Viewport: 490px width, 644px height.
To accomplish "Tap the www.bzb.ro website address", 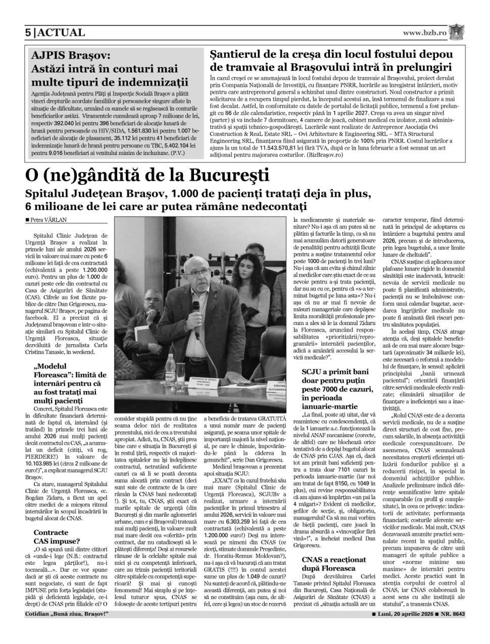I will tap(424, 33).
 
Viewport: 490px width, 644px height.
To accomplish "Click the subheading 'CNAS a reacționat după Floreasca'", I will tap(333, 564).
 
